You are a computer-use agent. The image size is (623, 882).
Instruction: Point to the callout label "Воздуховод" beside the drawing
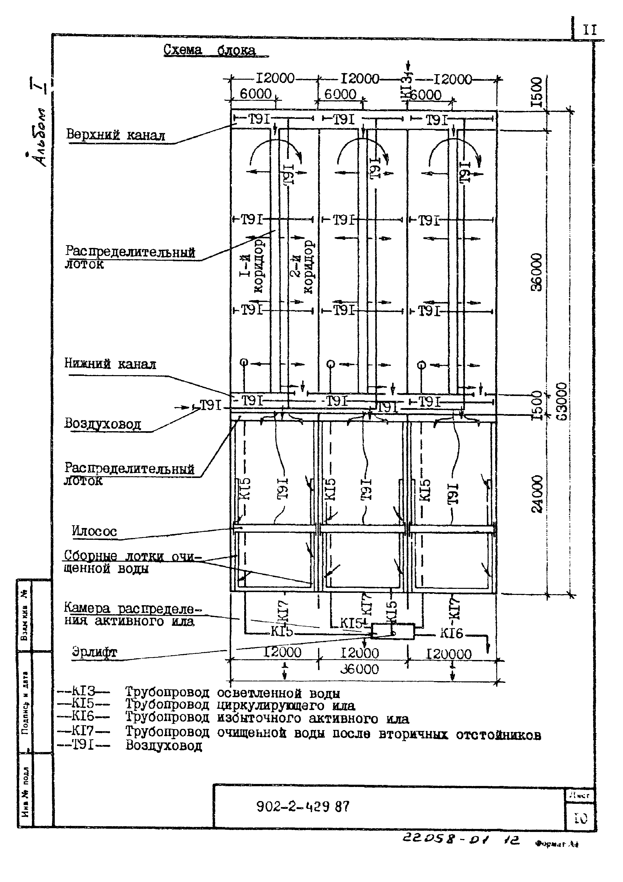102,424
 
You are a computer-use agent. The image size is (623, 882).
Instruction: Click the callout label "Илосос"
94,531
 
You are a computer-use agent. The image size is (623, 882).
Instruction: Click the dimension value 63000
561,402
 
